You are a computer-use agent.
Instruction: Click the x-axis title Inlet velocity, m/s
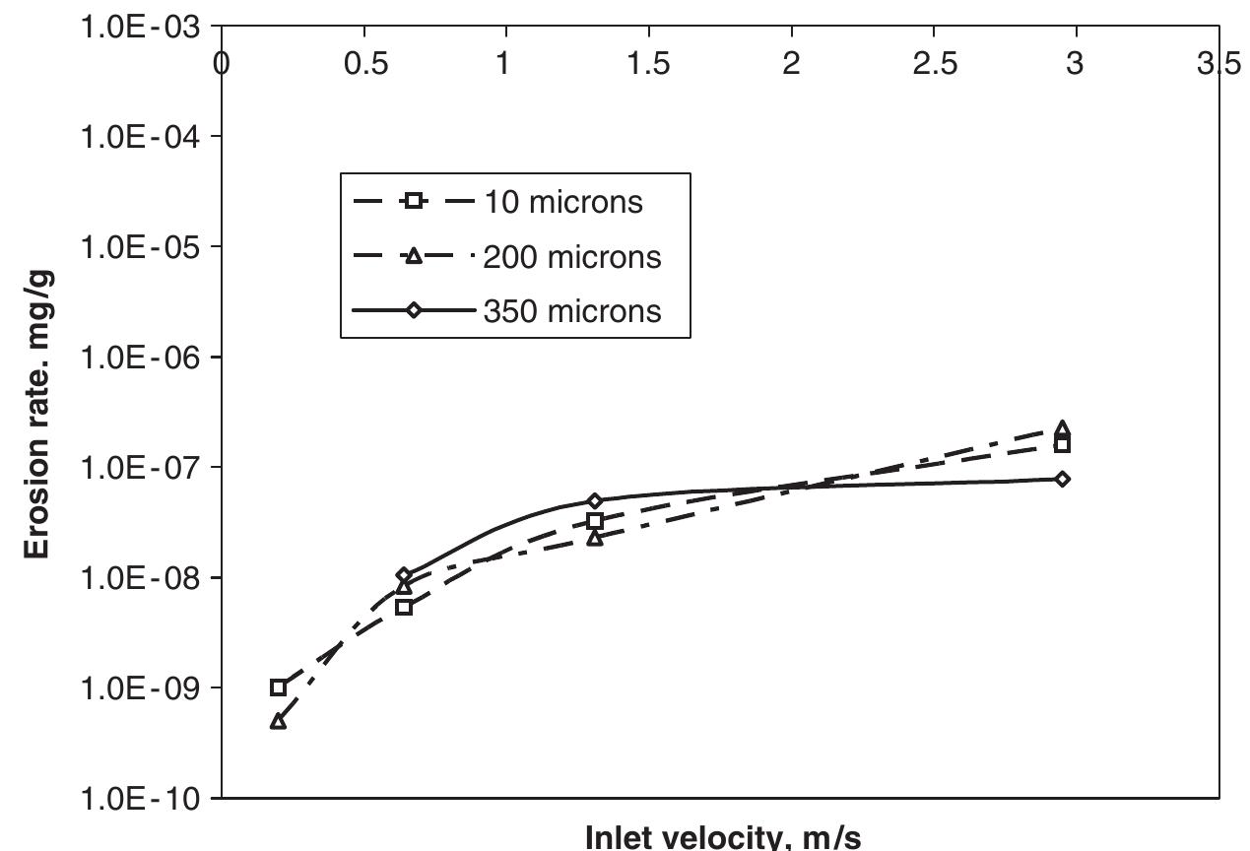tap(722, 837)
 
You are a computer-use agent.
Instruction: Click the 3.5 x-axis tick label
tap(1217, 64)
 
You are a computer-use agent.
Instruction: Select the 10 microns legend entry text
tap(562, 202)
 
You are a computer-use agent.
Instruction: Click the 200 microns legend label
tap(571, 257)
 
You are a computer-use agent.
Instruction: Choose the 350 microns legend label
tap(571, 311)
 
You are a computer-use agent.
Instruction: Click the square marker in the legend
tap(414, 202)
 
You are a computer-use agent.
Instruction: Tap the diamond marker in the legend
tap(414, 311)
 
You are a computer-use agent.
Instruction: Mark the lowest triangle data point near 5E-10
tap(279, 722)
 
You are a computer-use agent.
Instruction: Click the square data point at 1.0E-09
tap(279, 687)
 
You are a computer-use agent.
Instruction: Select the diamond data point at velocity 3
tap(1062, 480)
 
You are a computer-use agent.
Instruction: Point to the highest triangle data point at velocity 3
tap(1062, 429)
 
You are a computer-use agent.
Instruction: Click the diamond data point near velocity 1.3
tap(595, 501)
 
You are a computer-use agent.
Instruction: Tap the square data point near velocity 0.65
tap(404, 608)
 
